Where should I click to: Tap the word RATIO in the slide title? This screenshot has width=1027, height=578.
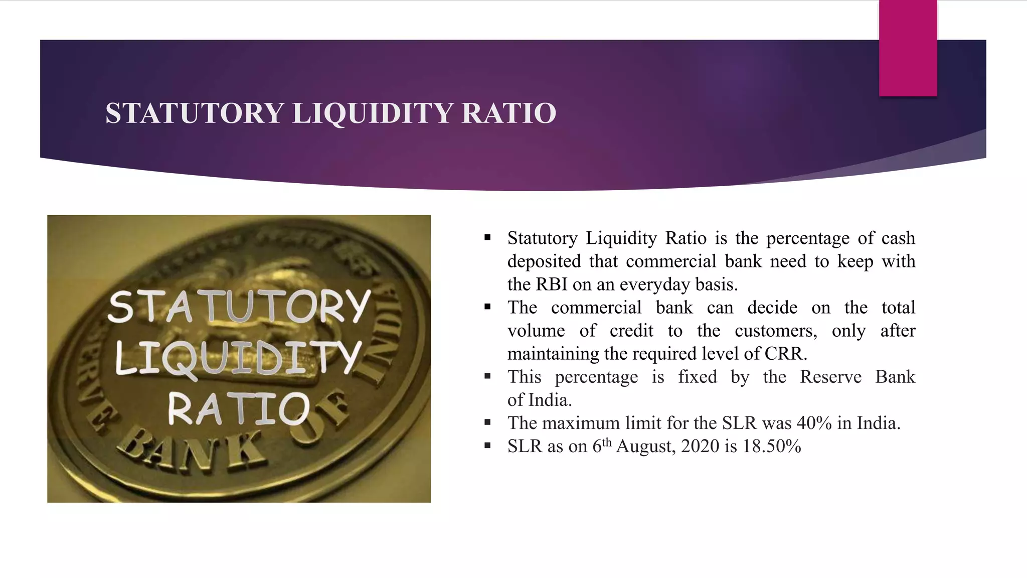coord(508,113)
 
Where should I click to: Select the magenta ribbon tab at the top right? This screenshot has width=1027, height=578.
coord(908,48)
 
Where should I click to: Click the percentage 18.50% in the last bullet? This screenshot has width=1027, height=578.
coord(772,446)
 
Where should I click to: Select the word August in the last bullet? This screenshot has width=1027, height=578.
coord(645,446)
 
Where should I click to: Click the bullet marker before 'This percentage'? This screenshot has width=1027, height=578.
coord(487,376)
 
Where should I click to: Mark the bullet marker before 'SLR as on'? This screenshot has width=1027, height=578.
coord(487,446)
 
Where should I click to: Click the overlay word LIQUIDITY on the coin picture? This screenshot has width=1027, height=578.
coord(238,357)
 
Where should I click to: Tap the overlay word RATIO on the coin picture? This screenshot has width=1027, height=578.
coord(239,409)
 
